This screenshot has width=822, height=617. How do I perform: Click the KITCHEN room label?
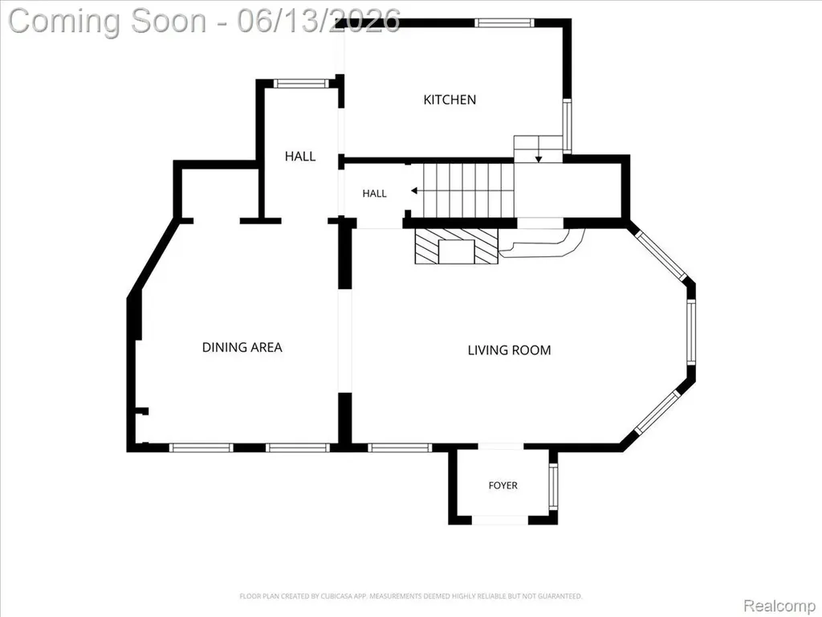coord(450,100)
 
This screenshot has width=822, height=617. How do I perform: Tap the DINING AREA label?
coord(242,347)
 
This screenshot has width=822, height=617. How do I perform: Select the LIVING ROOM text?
coord(509,350)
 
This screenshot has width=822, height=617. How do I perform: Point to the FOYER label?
coord(503,486)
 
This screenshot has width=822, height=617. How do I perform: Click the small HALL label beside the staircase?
coord(374,194)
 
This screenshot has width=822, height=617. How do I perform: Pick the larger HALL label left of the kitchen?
coord(300,157)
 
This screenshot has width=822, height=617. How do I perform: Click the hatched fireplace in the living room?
coord(456,246)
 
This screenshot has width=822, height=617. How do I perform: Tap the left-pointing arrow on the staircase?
coord(414,190)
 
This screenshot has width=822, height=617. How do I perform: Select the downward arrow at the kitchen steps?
coord(539,158)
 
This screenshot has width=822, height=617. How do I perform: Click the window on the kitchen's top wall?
coord(504,22)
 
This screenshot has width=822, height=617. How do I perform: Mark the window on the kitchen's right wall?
coord(567,125)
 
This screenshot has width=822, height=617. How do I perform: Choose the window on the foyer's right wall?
coord(553,486)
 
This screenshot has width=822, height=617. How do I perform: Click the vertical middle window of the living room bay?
coord(691,332)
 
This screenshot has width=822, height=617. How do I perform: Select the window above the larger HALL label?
coord(302,84)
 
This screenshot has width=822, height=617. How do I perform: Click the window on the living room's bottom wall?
coord(400,447)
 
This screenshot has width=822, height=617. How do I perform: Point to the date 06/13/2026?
coord(319,21)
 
